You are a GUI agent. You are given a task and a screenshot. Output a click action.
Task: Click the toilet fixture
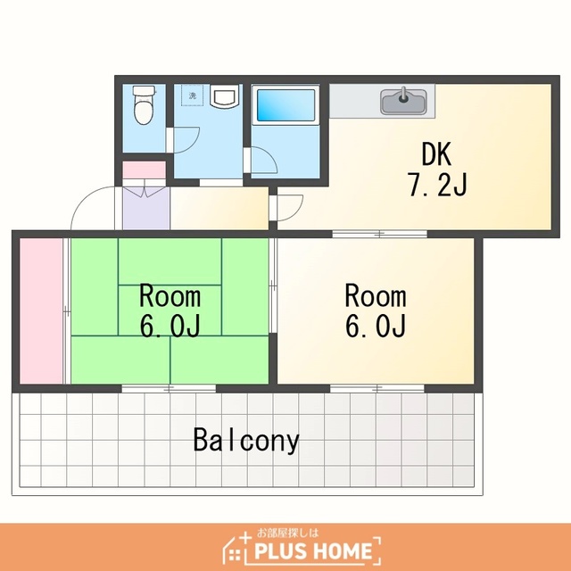(145, 104)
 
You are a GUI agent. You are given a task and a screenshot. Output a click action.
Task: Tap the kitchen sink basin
(403, 102)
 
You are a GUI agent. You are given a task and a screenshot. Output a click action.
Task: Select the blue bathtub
(285, 105)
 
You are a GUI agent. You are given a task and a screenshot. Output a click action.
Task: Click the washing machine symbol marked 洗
(193, 95)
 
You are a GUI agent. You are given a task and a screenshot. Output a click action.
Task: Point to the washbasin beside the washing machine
(224, 96)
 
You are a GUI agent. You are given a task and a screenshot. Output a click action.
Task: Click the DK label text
(436, 154)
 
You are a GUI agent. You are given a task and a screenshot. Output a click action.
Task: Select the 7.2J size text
(437, 185)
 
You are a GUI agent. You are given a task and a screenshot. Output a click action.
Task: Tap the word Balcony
(246, 440)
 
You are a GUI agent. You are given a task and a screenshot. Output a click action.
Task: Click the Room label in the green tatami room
(170, 296)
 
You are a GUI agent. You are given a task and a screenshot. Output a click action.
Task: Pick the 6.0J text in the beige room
(376, 326)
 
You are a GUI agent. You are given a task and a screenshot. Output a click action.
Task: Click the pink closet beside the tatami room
(41, 310)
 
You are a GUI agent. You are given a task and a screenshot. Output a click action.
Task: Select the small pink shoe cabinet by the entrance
(145, 170)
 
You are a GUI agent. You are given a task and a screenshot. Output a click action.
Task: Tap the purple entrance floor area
(146, 208)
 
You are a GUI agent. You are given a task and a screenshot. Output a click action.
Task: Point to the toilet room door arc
(193, 144)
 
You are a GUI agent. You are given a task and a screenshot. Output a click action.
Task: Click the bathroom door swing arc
(269, 154)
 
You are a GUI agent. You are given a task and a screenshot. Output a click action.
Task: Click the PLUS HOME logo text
(313, 551)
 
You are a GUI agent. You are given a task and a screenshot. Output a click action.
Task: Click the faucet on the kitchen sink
(403, 95)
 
